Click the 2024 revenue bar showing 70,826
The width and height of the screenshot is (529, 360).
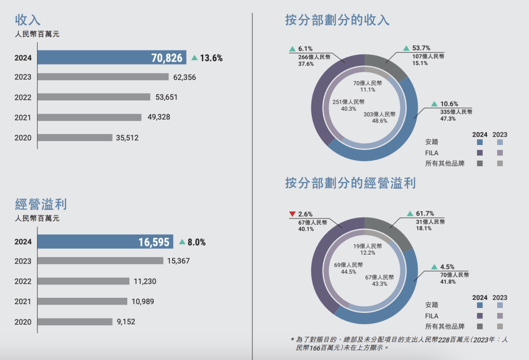112,58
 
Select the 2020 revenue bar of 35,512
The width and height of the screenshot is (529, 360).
75,138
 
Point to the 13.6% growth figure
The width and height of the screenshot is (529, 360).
211,58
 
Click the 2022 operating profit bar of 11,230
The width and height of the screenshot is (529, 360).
83,281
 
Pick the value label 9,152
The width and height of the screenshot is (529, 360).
125,322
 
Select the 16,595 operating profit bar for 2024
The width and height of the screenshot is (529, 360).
105,242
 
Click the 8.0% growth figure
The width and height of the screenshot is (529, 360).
196,242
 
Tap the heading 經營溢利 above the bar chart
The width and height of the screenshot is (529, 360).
41,204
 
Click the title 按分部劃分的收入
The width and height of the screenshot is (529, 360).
337,20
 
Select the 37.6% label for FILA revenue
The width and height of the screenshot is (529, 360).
306,64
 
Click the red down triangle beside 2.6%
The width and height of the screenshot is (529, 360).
292,214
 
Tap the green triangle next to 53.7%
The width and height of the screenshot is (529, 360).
406,48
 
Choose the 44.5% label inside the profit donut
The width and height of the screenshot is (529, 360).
348,272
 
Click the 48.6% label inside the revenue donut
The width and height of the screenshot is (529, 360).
379,120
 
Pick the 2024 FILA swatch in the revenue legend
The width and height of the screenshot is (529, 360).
480,153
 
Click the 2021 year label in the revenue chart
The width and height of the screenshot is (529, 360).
23,118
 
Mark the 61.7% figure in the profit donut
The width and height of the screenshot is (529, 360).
425,214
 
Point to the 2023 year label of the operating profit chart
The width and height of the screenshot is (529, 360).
23,261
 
